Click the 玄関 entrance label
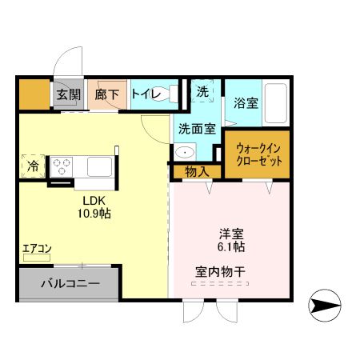[68, 95]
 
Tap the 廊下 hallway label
[107, 95]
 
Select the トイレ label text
[146, 95]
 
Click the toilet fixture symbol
[171, 94]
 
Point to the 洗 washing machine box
[202, 93]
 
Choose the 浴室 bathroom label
[246, 103]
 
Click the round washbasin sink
[185, 153]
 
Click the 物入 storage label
[196, 171]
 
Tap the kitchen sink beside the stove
[100, 167]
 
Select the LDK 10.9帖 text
[94, 208]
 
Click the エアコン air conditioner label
[37, 249]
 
